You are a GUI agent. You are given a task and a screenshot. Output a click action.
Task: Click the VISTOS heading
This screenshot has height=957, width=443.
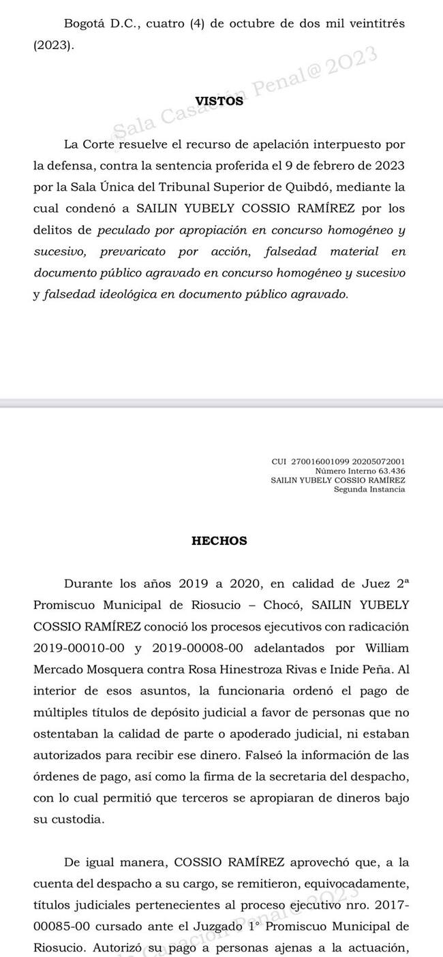(219, 101)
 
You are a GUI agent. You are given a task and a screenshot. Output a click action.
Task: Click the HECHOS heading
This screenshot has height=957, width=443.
(219, 542)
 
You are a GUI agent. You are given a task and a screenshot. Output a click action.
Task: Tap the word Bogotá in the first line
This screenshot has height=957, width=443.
(82, 23)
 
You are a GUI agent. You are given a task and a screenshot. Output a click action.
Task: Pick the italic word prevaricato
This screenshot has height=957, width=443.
(133, 251)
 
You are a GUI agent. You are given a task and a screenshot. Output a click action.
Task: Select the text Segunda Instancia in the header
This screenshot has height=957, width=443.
(369, 489)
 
